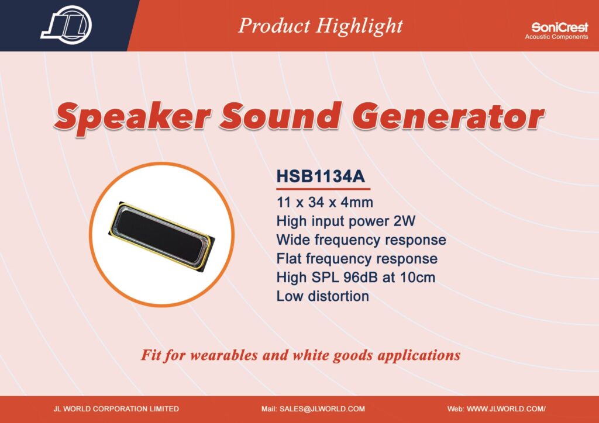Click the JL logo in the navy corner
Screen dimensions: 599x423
click(x=67, y=25)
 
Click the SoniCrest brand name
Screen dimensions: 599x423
click(x=560, y=27)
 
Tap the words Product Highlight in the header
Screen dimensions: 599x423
click(x=320, y=26)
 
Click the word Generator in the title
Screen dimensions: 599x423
click(x=447, y=116)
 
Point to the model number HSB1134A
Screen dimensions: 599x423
click(x=321, y=176)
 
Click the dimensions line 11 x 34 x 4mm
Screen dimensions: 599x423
click(x=325, y=202)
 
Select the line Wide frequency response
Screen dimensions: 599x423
click(x=361, y=240)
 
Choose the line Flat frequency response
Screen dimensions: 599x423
click(x=357, y=259)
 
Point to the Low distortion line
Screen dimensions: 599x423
click(x=322, y=296)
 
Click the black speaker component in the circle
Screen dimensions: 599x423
click(x=161, y=237)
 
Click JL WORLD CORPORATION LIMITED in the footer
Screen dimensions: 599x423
click(x=116, y=409)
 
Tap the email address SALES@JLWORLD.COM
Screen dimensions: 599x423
click(x=322, y=409)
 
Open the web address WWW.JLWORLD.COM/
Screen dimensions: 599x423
click(x=506, y=409)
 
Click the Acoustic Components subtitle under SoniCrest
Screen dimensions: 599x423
click(x=557, y=37)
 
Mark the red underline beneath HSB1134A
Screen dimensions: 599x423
click(x=323, y=189)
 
